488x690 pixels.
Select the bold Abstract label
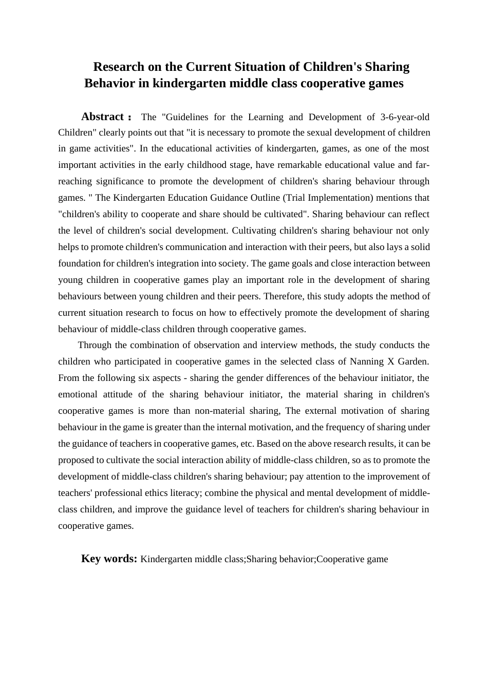point(102,117)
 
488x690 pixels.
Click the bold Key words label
point(109,559)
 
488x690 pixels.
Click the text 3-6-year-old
point(405,117)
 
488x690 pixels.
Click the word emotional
point(78,394)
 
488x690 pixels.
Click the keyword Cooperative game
point(352,559)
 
